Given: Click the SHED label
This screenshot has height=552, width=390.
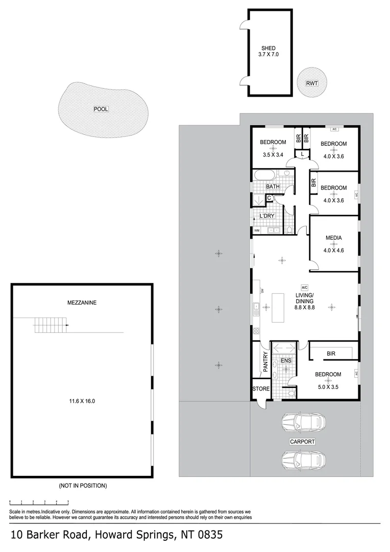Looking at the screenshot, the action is [269, 48].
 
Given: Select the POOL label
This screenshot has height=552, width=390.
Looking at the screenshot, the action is [101, 109].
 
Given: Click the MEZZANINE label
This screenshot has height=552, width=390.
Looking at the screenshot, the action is [82, 303].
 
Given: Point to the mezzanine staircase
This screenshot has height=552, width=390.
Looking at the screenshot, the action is [51, 325].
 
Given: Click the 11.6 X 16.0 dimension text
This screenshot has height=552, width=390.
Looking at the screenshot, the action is [82, 401].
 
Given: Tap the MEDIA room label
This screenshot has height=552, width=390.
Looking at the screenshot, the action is [334, 238].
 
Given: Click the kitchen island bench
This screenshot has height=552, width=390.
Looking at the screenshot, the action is [278, 307].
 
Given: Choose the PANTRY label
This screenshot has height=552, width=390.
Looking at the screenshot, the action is [265, 361].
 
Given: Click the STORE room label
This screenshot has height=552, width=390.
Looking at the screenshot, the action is [261, 388].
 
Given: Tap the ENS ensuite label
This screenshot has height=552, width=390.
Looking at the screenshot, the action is [286, 360].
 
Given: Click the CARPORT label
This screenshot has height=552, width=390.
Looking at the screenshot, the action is [302, 442].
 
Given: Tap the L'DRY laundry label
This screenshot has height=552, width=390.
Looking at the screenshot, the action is [267, 216].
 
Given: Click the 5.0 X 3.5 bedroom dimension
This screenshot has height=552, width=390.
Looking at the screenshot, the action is [328, 387].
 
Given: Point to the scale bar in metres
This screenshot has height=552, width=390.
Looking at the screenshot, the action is [39, 502].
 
